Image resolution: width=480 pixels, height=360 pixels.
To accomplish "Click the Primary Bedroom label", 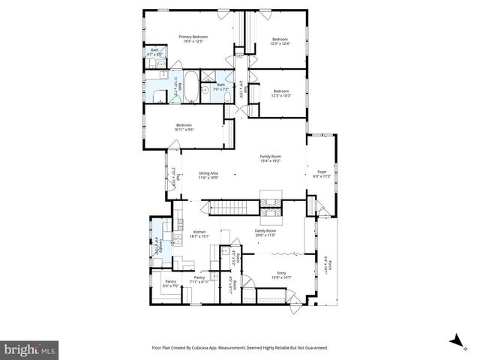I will click(193, 39).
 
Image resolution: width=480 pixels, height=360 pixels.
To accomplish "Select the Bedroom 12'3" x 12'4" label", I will click(280, 41).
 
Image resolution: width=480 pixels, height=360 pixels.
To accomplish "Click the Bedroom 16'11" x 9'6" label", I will click(184, 127).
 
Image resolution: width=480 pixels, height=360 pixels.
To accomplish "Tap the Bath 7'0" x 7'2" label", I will click(220, 87).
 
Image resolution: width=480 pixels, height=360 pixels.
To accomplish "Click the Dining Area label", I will click(208, 175).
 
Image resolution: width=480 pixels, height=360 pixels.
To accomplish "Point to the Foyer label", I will click(322, 174).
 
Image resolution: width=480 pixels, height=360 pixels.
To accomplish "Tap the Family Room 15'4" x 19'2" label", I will click(269, 159).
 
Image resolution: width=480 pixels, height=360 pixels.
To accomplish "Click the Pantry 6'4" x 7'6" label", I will click(171, 284).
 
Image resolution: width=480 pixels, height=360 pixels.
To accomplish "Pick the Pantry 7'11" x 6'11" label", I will click(199, 280).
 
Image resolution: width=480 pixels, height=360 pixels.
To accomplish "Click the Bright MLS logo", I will click(30, 349).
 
